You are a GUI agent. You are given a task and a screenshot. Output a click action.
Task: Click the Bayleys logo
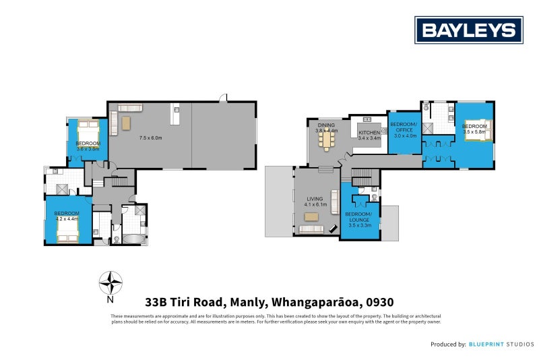pyautogui.click(x=469, y=30)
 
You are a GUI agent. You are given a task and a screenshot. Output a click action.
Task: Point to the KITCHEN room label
pyautogui.click(x=369, y=133)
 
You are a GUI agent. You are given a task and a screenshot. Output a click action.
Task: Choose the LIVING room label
pyautogui.click(x=315, y=199)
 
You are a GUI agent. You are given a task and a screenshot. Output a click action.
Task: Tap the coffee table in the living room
pyautogui.click(x=311, y=216)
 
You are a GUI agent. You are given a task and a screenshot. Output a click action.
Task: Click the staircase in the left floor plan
pyautogui.click(x=120, y=181)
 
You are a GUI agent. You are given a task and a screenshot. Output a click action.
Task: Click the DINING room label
pyautogui.click(x=327, y=125)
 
